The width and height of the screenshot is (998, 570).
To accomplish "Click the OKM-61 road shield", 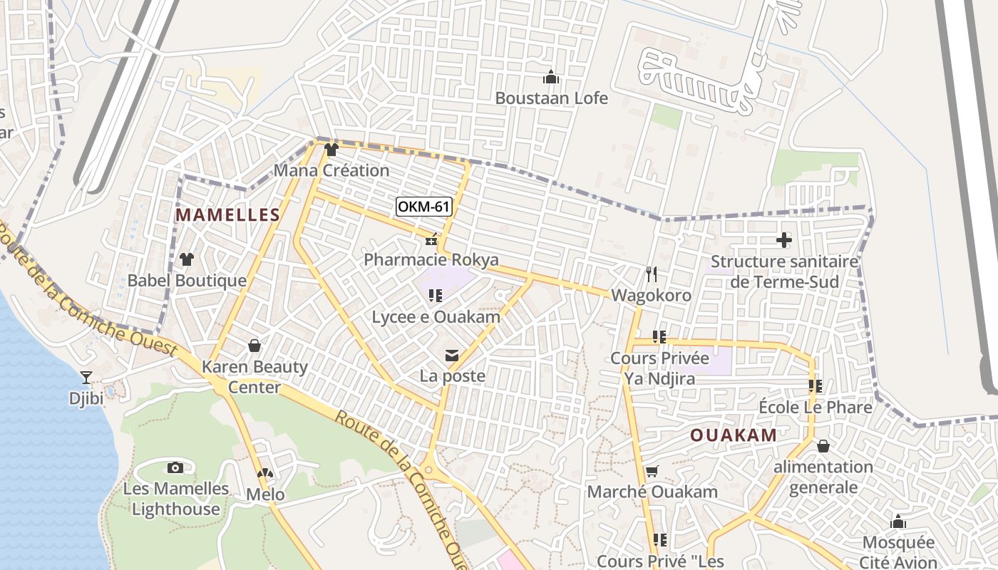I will tap(424, 207).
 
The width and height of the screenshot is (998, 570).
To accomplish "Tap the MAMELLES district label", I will tap(227, 214).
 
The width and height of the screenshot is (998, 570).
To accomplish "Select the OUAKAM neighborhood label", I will tap(734, 435).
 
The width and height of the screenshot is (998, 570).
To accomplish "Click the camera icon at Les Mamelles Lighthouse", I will tap(175, 467).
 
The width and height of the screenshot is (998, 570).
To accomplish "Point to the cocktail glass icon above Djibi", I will tap(86, 377).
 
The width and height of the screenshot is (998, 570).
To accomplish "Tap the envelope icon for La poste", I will tap(452, 355).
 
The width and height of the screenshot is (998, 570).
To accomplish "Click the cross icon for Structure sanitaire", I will tap(783, 240).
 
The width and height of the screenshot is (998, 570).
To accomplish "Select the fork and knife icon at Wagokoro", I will tap(651, 274).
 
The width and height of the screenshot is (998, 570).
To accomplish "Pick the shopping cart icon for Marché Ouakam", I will tap(652, 471).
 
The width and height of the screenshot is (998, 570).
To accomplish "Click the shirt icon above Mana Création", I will tap(331, 150).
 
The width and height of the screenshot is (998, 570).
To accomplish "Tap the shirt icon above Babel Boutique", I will tap(187, 259).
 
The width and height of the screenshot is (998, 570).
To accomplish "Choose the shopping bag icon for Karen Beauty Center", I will tap(254, 346).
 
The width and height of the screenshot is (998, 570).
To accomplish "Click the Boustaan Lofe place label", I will tap(551, 98).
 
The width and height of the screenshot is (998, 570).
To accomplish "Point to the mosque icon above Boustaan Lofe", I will tap(550, 76).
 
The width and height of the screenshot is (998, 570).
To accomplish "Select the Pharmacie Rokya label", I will tap(431, 259).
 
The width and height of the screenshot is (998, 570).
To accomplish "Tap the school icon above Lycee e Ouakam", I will tap(435, 295).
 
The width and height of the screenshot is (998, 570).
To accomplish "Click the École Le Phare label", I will tap(816, 408).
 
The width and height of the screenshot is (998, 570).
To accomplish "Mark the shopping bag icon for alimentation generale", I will tap(823, 446).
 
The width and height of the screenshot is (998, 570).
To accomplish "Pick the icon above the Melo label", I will tap(264, 473).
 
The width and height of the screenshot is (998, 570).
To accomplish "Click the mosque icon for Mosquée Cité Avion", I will tap(898, 522).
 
